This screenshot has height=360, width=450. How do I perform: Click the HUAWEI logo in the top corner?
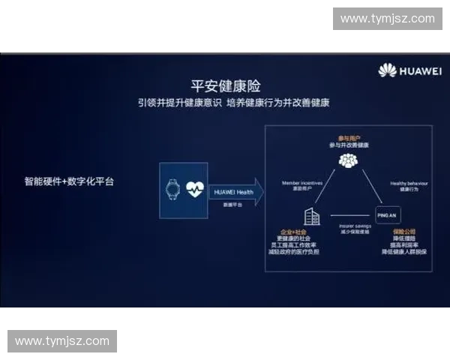[x=409, y=71]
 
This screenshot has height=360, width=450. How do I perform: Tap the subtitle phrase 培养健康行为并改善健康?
[x=278, y=103]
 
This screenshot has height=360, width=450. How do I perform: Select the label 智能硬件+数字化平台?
[x=69, y=181]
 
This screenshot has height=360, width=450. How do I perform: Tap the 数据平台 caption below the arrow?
[x=226, y=204]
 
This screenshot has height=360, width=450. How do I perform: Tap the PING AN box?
[x=386, y=215]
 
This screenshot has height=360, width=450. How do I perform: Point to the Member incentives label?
[x=301, y=182]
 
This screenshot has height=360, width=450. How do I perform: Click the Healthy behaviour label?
[x=409, y=182]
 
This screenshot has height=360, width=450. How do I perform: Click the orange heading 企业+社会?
[x=293, y=232]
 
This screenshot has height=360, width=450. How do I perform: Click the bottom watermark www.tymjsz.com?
[x=62, y=341]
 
